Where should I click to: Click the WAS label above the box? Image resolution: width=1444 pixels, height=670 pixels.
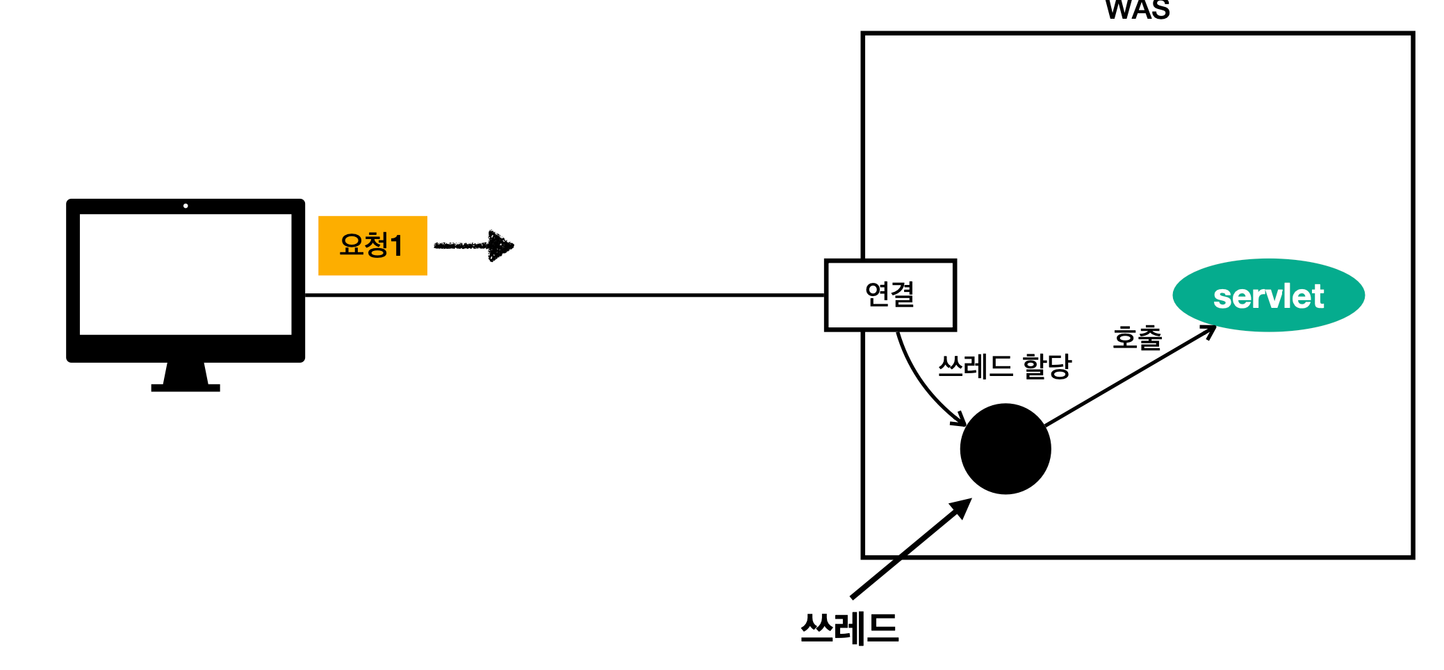click(x=1138, y=10)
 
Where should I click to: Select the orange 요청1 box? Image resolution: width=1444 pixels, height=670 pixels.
click(x=372, y=245)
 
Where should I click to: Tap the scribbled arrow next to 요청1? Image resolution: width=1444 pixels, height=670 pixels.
click(x=475, y=245)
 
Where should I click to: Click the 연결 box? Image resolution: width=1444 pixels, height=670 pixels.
click(x=890, y=295)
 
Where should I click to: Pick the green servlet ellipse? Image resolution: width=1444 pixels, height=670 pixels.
click(x=1268, y=295)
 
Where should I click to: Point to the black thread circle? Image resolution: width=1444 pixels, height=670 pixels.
click(x=1005, y=449)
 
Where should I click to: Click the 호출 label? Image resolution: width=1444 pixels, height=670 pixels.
click(x=1137, y=338)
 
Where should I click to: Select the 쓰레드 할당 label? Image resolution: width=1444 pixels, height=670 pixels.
click(x=1004, y=366)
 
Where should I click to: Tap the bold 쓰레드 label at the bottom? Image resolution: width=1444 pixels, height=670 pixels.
click(x=849, y=628)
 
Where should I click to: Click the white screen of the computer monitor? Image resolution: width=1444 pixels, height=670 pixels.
click(x=186, y=275)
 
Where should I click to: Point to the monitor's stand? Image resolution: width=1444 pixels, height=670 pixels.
click(x=186, y=377)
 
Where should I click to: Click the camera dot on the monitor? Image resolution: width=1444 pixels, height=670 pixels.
click(x=186, y=206)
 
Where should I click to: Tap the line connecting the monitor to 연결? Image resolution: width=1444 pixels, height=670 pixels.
click(x=563, y=295)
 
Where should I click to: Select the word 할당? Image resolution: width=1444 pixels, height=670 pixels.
click(x=1047, y=366)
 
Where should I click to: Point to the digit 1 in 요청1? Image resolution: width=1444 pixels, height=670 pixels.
click(x=397, y=245)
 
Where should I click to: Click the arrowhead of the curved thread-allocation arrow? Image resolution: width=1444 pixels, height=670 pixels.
click(x=960, y=419)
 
